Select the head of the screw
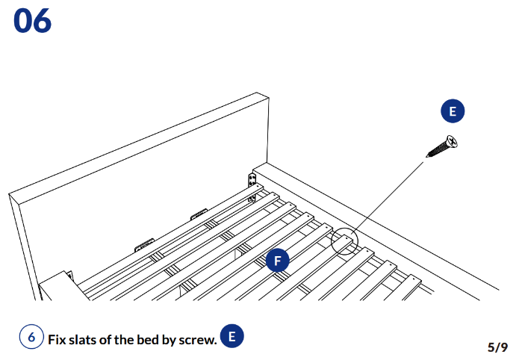[x=451, y=140]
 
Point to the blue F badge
[x=278, y=261]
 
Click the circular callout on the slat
[x=345, y=240]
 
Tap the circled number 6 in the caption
[x=31, y=338]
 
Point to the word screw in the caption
[x=199, y=339]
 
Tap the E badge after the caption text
[x=231, y=337]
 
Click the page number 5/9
[x=497, y=347]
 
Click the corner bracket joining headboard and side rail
[x=252, y=181]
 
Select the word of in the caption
[x=115, y=339]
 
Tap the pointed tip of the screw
[x=428, y=156]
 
